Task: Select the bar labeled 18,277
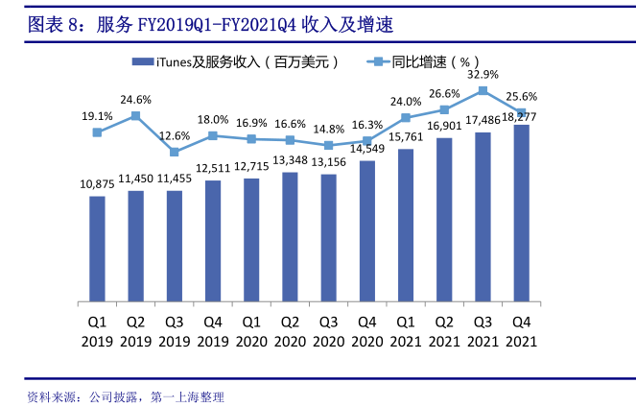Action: point(521,212)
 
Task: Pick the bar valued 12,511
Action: point(213,240)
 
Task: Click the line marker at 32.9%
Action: point(483,91)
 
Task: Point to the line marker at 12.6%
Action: point(174,152)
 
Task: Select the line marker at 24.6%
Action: point(135,115)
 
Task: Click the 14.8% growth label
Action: point(328,129)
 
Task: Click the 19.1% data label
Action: point(97,116)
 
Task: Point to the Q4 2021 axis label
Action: point(521,331)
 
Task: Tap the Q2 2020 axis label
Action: point(290,331)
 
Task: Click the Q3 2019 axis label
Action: point(174,331)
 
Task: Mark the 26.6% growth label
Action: point(444,94)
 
